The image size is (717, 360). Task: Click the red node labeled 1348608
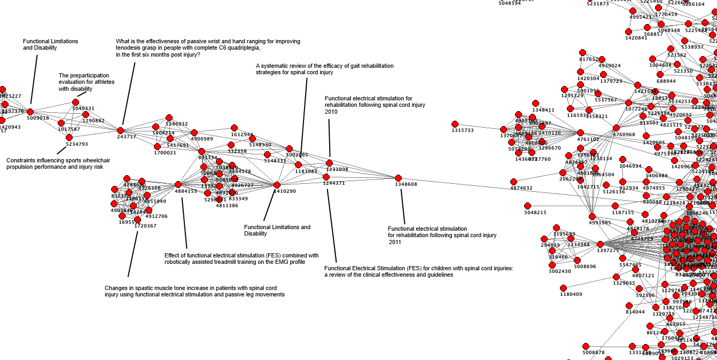point(398,178)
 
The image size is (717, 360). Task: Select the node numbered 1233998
point(329,163)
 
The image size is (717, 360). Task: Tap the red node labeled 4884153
point(178,185)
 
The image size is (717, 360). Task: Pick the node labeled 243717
point(120,130)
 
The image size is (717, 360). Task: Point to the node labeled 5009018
point(30,112)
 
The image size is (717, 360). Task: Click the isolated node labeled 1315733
point(455,124)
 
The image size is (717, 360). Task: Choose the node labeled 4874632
point(513,182)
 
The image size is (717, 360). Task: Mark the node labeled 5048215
point(527,206)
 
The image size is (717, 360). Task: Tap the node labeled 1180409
point(563,288)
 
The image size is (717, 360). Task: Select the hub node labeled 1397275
point(600,244)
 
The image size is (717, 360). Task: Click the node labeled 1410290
point(277,185)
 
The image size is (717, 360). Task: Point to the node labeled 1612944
point(234,128)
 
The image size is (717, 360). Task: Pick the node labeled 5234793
point(69,137)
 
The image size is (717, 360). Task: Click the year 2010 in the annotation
point(331,112)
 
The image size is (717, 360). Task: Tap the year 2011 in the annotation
point(395,242)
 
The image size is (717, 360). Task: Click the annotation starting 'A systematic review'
point(324,69)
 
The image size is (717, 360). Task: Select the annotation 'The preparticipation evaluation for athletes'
point(84,82)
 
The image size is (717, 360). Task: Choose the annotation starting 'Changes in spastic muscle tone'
point(194,291)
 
